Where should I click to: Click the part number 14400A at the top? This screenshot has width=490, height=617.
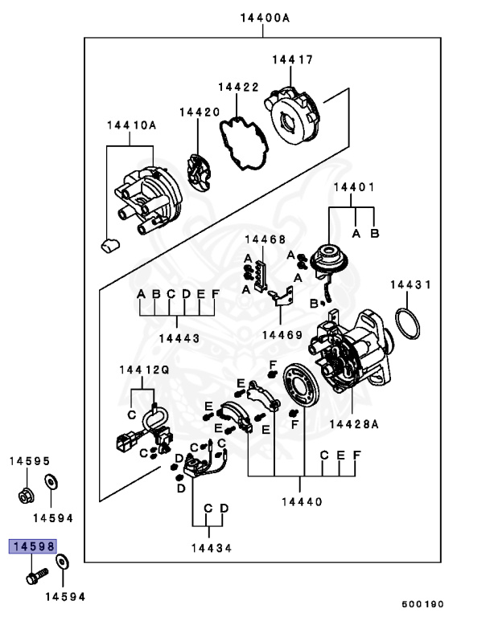click(264, 17)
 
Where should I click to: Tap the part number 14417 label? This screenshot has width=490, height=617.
click(292, 59)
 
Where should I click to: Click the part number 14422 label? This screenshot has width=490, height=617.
click(238, 85)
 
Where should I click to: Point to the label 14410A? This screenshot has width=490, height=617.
click(131, 125)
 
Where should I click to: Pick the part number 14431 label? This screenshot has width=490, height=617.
click(411, 284)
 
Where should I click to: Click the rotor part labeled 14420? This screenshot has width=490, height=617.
click(198, 170)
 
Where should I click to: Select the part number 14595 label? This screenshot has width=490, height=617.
click(30, 461)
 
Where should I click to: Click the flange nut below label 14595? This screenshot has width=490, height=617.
click(24, 495)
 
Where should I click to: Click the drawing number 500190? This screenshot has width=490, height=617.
click(423, 603)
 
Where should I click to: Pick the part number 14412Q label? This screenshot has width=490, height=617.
click(144, 370)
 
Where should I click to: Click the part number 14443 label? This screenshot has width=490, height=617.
click(178, 339)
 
